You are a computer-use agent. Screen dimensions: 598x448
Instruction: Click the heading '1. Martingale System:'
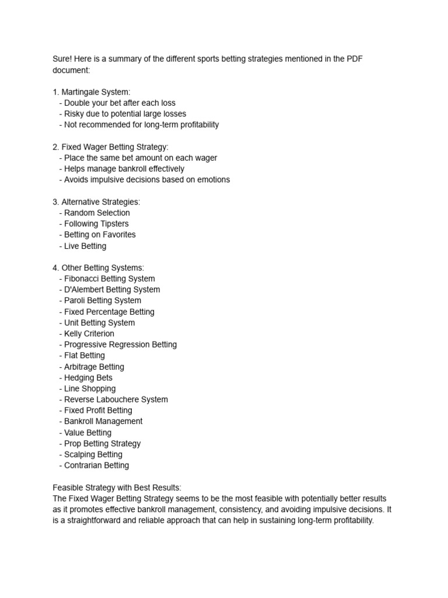point(92,92)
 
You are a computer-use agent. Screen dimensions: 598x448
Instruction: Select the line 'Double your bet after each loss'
point(120,103)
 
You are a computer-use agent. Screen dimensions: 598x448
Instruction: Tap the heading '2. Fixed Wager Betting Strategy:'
point(110,147)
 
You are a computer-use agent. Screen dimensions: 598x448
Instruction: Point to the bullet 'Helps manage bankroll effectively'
point(124,169)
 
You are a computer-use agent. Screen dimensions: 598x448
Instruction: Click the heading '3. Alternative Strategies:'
point(96,201)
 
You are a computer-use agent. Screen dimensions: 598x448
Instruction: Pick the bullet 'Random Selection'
point(97,213)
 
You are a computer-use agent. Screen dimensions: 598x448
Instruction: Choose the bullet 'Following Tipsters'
point(96,224)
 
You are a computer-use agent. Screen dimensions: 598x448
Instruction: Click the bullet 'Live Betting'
point(85,246)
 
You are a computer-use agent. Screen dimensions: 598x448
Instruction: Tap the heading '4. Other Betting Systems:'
point(98,267)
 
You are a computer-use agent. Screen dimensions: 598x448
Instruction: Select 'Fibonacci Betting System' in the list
point(110,279)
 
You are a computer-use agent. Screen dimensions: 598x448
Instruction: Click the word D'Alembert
point(86,290)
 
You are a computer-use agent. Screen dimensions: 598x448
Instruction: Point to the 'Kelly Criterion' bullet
point(89,333)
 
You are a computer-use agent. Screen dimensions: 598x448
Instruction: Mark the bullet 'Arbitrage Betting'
point(94,367)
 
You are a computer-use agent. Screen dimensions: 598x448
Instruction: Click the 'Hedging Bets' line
point(88,378)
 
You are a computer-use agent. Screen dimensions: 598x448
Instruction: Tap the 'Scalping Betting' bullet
point(93,454)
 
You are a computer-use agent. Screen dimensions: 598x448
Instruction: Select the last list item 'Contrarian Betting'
point(96,465)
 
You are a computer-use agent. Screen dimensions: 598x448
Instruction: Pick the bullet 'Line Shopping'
point(90,388)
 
